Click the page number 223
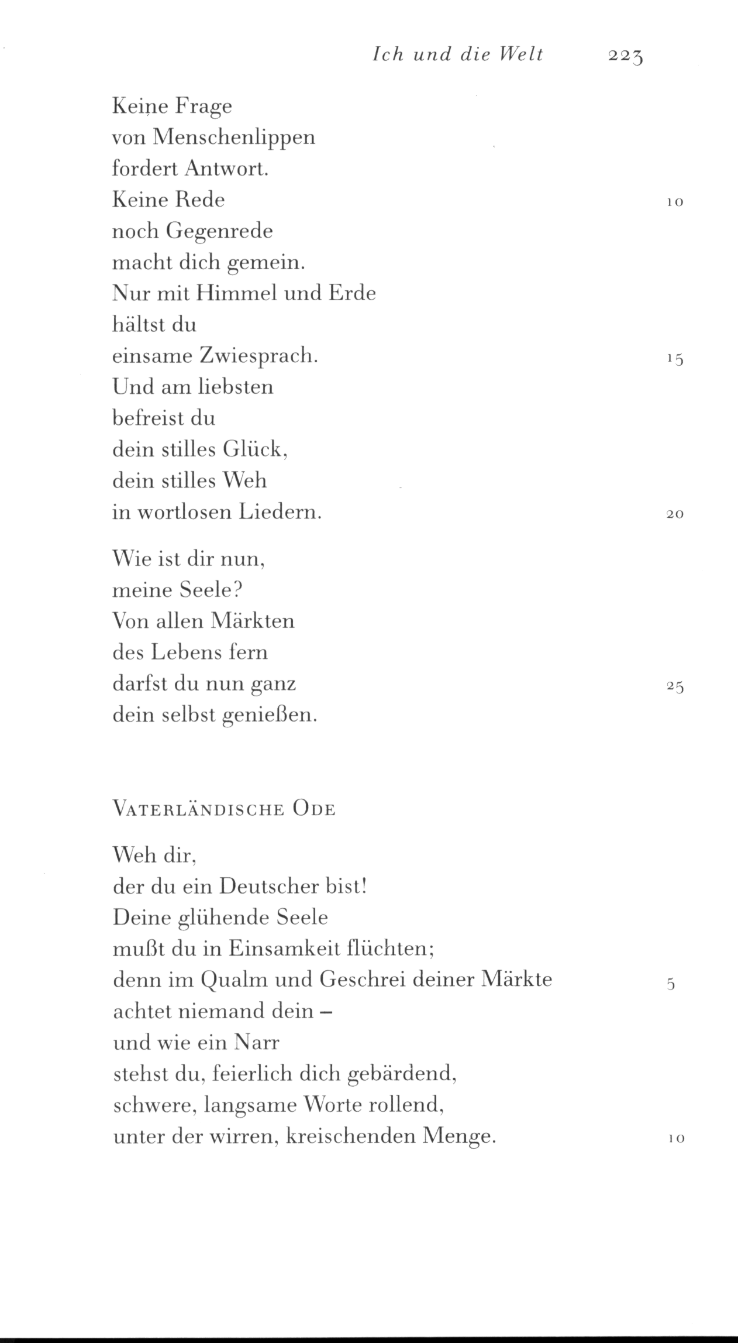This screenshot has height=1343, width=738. [x=625, y=56]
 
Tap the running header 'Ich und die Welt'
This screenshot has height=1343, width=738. [x=458, y=54]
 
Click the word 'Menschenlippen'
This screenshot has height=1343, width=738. [x=234, y=138]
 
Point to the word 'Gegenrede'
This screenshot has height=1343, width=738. [x=219, y=232]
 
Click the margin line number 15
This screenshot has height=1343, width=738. [x=675, y=359]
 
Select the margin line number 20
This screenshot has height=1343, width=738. [x=675, y=514]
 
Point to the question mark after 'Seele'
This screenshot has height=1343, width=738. [x=237, y=589]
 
